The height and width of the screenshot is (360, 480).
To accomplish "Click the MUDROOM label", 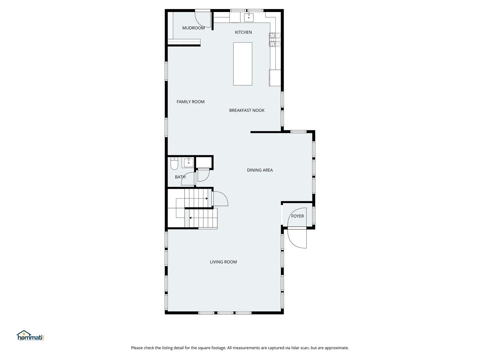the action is click(193, 28).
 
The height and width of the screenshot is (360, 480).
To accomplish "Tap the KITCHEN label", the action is click(243, 32).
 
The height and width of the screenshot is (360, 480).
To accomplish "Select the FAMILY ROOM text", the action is click(190, 102).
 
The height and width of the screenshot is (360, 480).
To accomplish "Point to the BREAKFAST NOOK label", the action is click(247, 111).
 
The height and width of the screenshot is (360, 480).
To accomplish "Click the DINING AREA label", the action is click(260, 170).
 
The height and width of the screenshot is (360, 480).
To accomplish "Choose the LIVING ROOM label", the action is click(223, 262).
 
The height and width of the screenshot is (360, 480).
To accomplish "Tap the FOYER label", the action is click(297, 216).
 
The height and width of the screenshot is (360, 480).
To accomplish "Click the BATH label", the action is click(180, 177).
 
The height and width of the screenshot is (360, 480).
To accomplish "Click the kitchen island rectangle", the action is click(243, 64).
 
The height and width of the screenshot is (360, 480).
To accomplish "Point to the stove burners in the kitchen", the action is click(275, 40).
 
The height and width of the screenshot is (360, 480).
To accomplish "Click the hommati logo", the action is click(30, 335).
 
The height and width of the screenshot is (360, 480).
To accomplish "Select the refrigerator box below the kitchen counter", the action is click(275, 78).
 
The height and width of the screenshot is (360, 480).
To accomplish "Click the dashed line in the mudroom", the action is click(184, 42).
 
